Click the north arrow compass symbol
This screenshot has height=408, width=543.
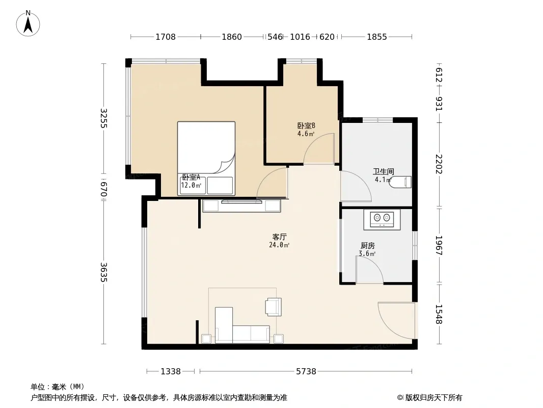click(x=28, y=23)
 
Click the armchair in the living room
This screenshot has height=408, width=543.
click(x=273, y=307)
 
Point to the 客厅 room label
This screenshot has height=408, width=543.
click(x=279, y=237)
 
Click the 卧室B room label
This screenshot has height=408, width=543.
click(x=306, y=125)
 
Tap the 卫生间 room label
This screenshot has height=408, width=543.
click(x=383, y=171)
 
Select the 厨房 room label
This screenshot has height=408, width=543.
click(x=367, y=246)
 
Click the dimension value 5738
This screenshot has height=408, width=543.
click(x=306, y=372)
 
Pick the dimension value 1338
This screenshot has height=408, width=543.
click(x=171, y=372)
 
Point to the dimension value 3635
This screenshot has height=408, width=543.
click(x=103, y=272)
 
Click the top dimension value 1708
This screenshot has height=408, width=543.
click(x=166, y=37)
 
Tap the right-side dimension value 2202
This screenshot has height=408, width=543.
click(x=439, y=164)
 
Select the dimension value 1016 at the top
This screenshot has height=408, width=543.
click(x=300, y=37)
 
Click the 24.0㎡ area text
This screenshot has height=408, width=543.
click(x=279, y=245)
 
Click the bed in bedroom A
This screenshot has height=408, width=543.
click(x=206, y=159)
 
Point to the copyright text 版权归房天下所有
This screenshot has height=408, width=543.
click(x=433, y=398)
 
